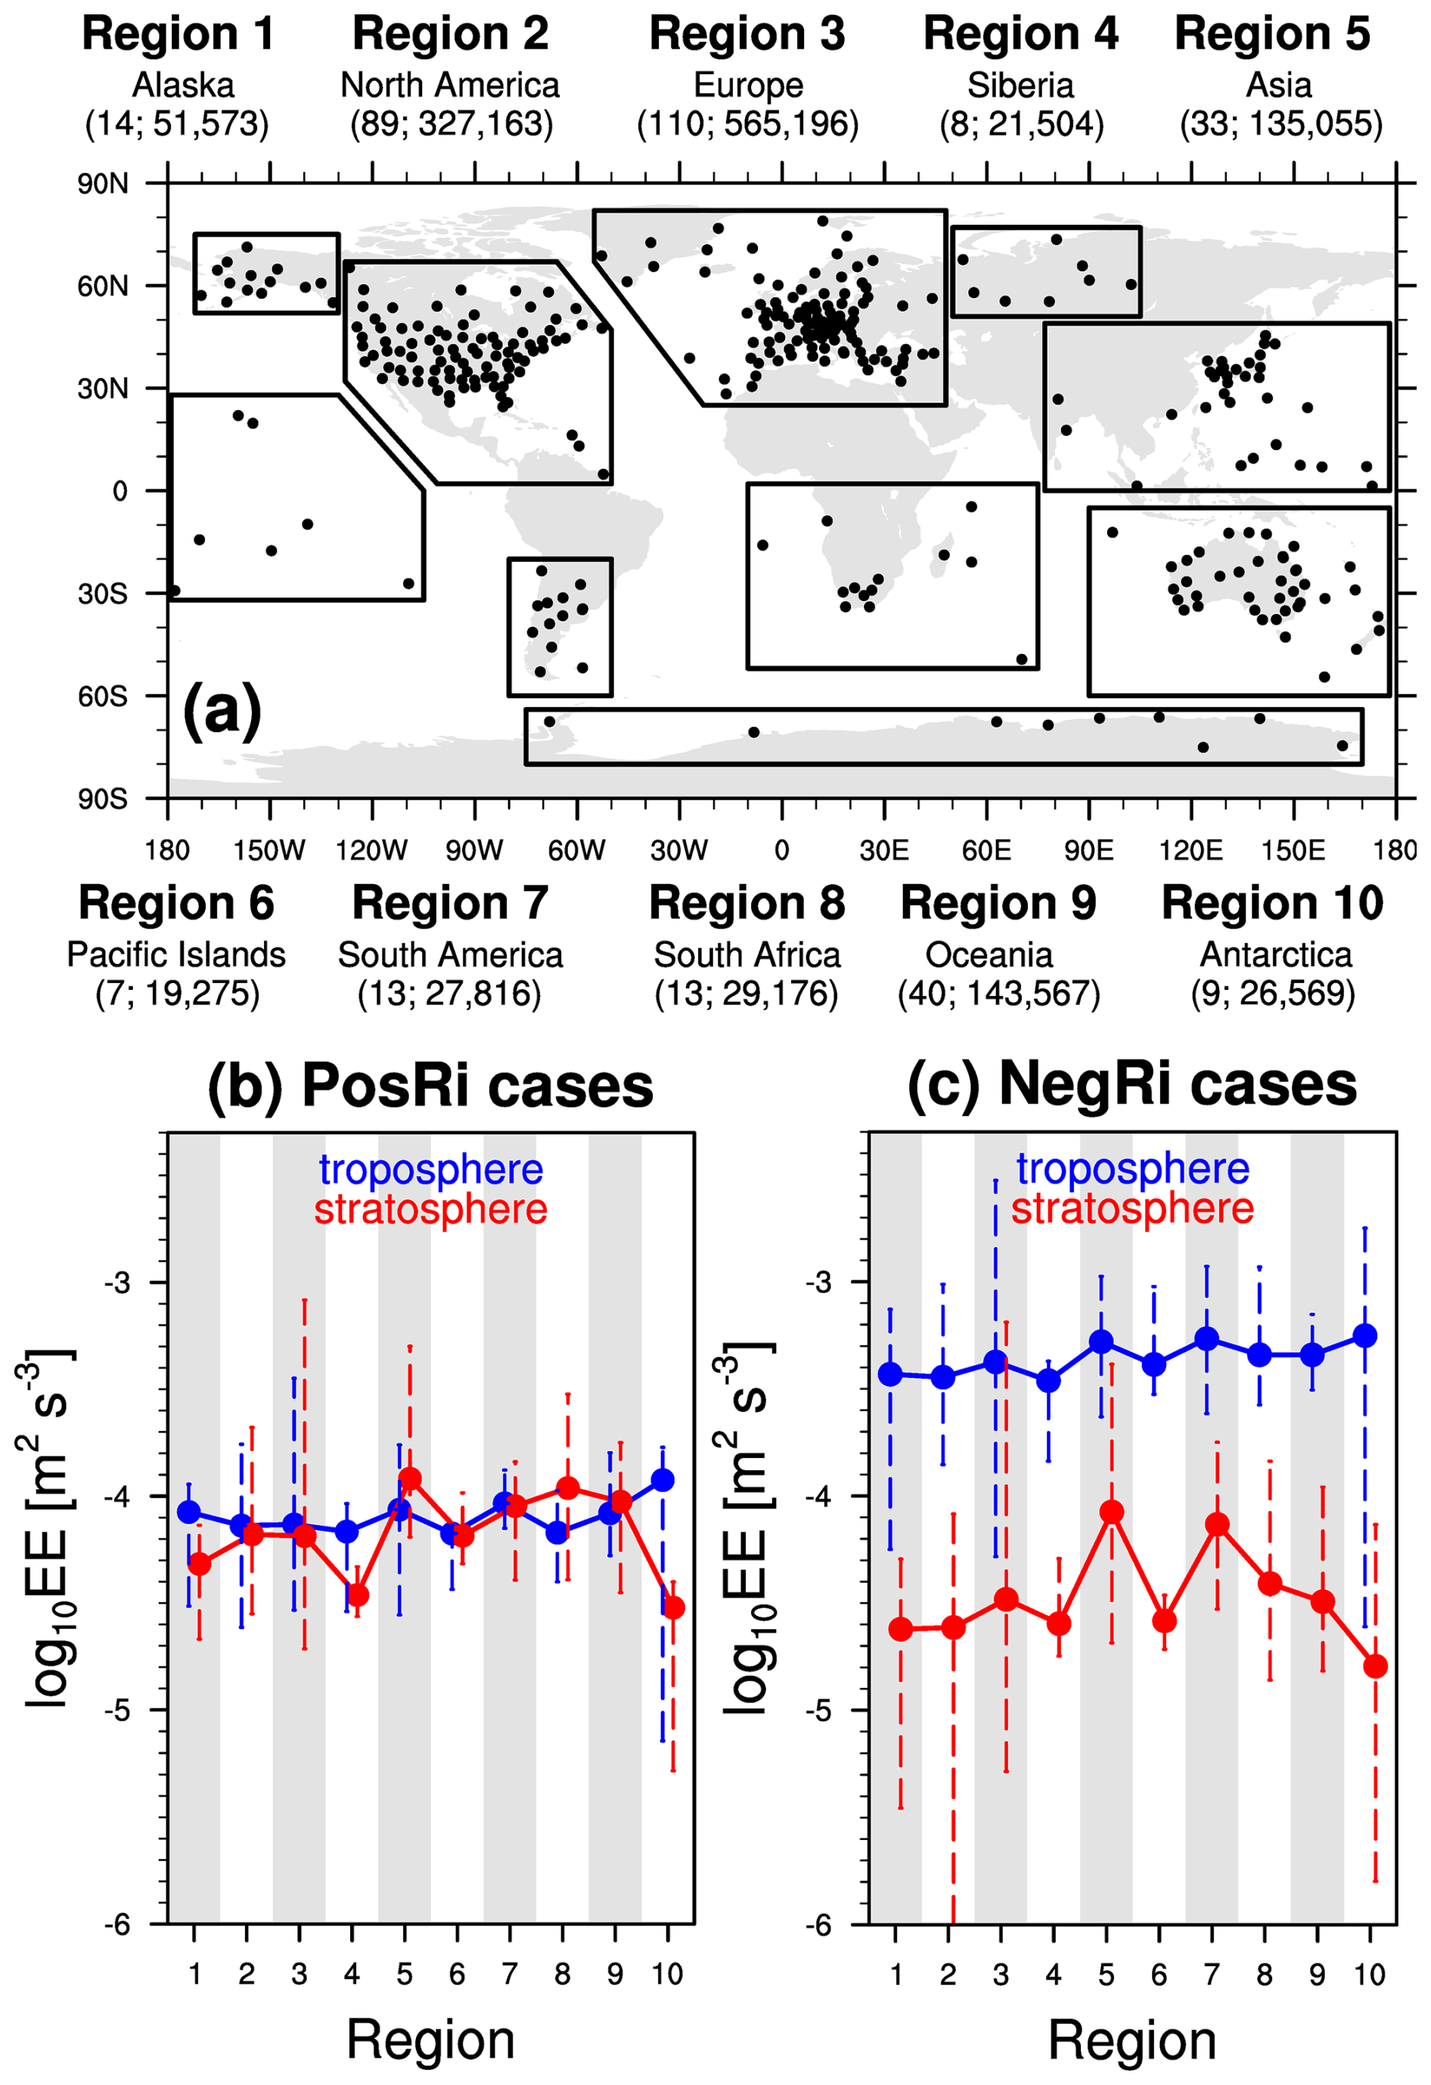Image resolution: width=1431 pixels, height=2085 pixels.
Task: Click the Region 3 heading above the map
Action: coord(747,35)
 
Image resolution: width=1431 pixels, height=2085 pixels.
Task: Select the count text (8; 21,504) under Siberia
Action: coord(1021,124)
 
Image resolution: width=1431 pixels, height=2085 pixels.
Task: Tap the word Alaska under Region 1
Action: coord(183,85)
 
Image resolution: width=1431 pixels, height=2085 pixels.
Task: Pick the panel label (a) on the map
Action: coord(222,709)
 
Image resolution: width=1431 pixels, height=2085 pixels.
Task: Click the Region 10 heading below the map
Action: coord(1271,904)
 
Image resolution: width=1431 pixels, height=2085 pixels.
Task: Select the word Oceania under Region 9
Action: coord(989,954)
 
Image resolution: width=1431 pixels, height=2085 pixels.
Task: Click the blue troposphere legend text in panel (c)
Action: coord(1132,1168)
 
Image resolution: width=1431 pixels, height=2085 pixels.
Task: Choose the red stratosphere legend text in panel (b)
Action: coord(430,1208)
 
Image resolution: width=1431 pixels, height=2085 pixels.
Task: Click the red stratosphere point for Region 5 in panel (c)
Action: coord(1112,1513)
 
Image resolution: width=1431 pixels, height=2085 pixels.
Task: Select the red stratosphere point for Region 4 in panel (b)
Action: coord(357,1595)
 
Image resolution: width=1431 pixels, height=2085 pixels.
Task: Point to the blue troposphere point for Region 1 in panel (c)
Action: coord(890,1373)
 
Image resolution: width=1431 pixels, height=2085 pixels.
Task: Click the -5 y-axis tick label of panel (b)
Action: coord(117,1710)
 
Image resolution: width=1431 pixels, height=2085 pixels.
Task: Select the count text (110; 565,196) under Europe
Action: coord(747,124)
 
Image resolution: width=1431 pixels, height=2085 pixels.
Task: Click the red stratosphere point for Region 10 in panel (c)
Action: coord(1375,1666)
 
